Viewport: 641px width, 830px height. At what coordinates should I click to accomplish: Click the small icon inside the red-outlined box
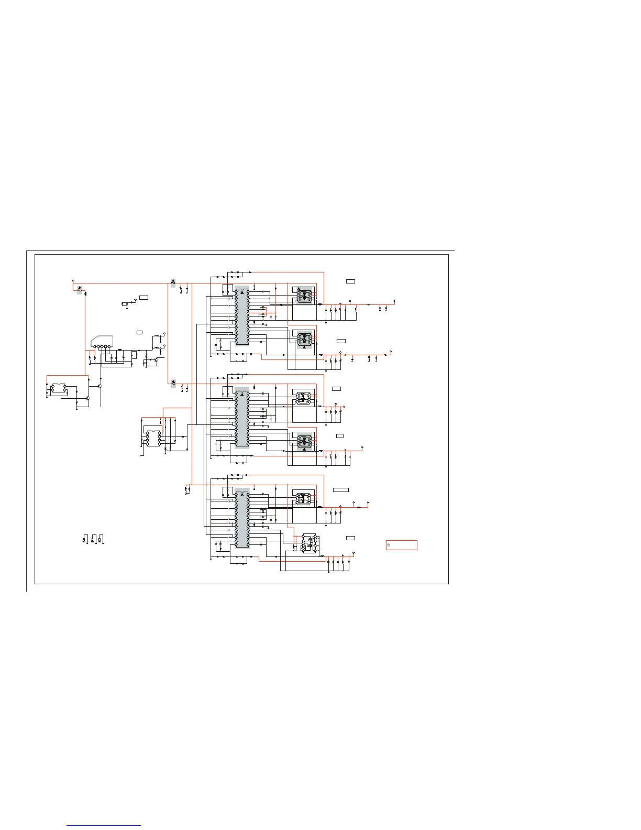coord(389,545)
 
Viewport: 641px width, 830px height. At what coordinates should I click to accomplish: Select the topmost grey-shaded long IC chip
coord(242,315)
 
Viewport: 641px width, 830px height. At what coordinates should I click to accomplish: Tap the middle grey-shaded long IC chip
coord(242,418)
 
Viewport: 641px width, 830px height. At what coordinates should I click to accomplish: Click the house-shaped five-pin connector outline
coord(102,342)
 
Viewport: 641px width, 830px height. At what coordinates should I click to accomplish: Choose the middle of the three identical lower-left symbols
coord(93,539)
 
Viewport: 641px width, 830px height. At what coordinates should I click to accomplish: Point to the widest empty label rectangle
coord(341,490)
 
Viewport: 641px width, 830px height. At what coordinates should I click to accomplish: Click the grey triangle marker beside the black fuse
coord(80,289)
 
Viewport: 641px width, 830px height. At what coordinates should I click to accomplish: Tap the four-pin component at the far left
coord(58,389)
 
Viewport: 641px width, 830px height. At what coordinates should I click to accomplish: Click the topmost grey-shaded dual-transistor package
coord(304,296)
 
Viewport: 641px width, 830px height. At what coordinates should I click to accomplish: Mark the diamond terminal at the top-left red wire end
coord(72,280)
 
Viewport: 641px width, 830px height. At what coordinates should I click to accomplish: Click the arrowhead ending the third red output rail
coord(344,407)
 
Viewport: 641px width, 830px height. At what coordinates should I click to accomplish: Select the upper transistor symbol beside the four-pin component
coord(98,386)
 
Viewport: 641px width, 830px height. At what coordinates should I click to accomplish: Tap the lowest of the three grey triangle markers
coord(173,383)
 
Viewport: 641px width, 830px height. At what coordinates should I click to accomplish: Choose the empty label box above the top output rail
coord(350,281)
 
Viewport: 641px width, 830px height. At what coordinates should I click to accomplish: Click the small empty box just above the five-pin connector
coord(139,332)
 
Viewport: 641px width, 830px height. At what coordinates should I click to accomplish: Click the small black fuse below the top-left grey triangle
coord(85,293)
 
